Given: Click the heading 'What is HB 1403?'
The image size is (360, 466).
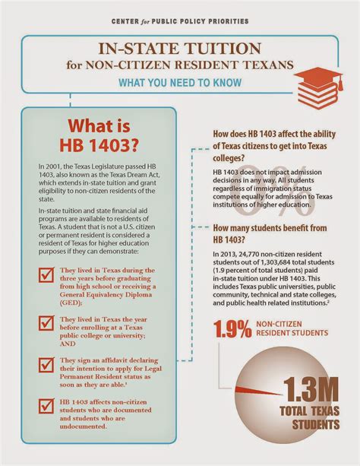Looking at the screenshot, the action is (100, 135).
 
